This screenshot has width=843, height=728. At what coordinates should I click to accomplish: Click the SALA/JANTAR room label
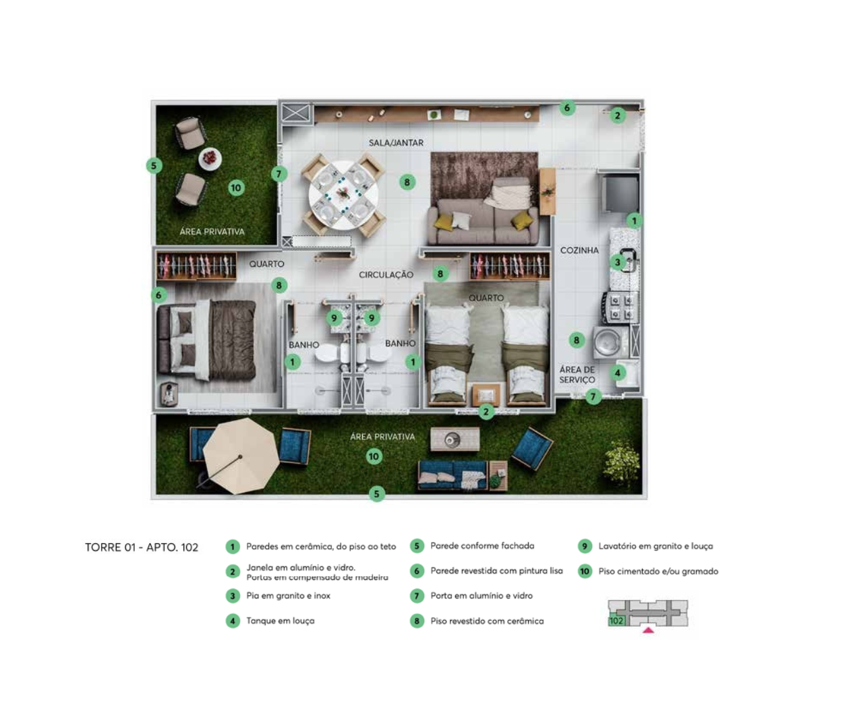pyautogui.click(x=396, y=143)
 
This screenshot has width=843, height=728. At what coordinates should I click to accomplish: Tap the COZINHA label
pyautogui.click(x=579, y=250)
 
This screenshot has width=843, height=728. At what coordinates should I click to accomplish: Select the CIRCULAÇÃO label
pyautogui.click(x=386, y=275)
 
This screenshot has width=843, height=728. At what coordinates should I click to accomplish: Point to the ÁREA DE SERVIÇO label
pyautogui.click(x=577, y=375)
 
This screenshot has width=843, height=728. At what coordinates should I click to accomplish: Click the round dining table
pyautogui.click(x=343, y=195)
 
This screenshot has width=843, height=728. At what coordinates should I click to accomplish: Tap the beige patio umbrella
pyautogui.click(x=241, y=456)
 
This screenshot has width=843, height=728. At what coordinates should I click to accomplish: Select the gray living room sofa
pyautogui.click(x=484, y=221)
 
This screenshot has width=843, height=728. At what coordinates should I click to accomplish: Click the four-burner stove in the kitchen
pyautogui.click(x=620, y=308)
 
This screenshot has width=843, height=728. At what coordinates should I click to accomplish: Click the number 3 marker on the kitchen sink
pyautogui.click(x=618, y=262)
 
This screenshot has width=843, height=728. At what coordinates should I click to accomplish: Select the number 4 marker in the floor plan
pyautogui.click(x=618, y=373)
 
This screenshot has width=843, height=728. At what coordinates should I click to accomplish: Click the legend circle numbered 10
pyautogui.click(x=585, y=571)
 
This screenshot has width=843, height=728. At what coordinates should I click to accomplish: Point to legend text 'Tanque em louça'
pyautogui.click(x=280, y=621)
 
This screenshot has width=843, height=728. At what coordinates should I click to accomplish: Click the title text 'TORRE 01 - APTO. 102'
pyautogui.click(x=142, y=547)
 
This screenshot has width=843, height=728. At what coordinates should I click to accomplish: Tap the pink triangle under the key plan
pyautogui.click(x=648, y=630)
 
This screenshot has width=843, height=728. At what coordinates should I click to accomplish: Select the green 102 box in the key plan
pyautogui.click(x=616, y=621)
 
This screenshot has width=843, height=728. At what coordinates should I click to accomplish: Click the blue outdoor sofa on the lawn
pyautogui.click(x=453, y=475)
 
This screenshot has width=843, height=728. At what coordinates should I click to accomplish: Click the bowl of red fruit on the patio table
pyautogui.click(x=210, y=158)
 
